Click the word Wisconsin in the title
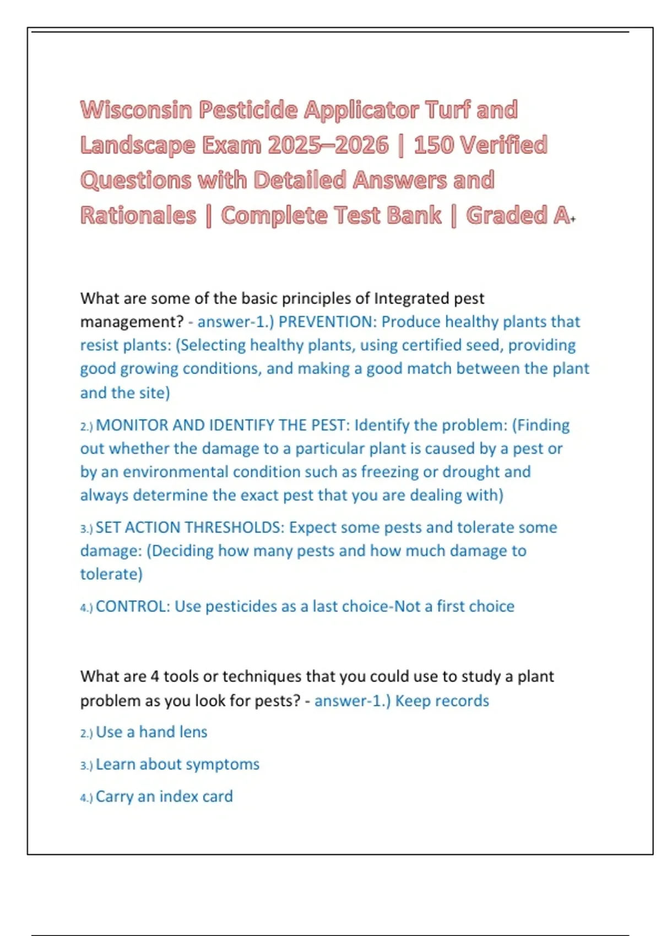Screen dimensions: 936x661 tap(137, 110)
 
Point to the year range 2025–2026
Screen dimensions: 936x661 tap(328, 145)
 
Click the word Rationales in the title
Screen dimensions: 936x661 tap(138, 215)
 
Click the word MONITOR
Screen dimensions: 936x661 tap(132, 425)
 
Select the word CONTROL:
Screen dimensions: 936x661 tap(133, 606)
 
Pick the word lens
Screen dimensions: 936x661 tap(193, 732)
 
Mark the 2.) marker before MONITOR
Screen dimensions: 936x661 tap(86, 426)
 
